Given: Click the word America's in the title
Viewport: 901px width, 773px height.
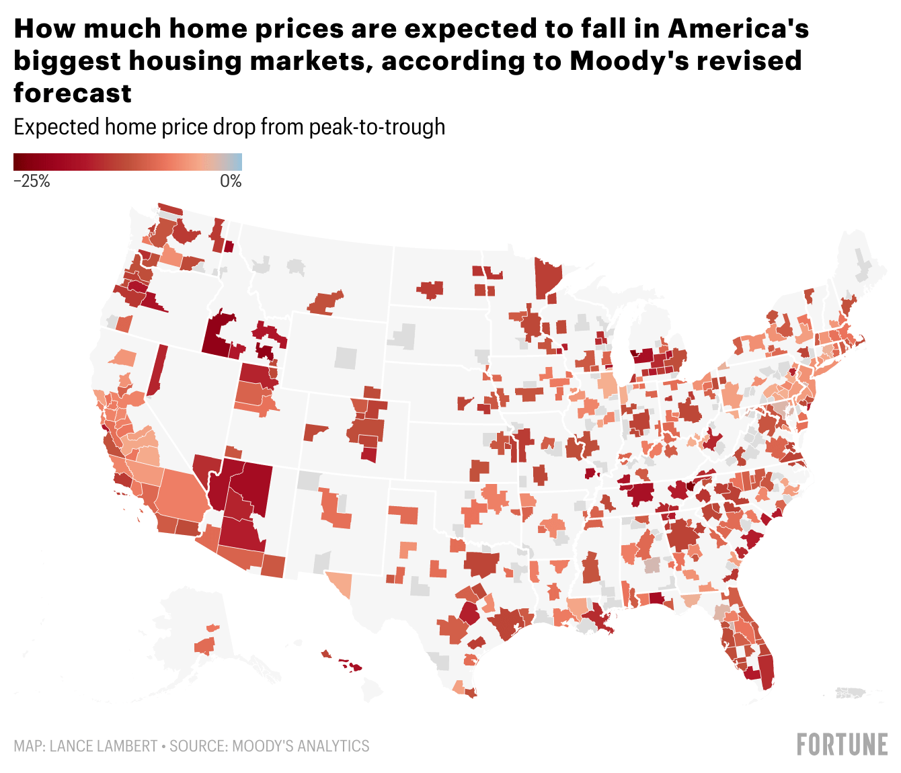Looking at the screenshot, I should click(738, 29).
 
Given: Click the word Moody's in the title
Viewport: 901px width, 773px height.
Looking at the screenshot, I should click(625, 60).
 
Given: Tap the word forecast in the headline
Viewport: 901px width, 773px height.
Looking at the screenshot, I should click(73, 93).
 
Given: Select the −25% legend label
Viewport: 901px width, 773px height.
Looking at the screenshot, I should click(32, 181).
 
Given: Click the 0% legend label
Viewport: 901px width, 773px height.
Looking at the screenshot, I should click(231, 181).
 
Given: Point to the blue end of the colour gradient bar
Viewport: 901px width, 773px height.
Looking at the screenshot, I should click(237, 161).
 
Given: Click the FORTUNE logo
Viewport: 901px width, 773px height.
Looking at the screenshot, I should click(842, 745).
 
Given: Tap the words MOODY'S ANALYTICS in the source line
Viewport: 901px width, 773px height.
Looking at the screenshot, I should click(301, 746).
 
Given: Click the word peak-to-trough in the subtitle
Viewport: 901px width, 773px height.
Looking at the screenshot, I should click(377, 127).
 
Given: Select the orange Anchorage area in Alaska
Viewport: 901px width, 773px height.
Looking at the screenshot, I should click(204, 646).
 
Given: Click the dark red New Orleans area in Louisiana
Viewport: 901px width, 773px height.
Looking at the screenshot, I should click(596, 615).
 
